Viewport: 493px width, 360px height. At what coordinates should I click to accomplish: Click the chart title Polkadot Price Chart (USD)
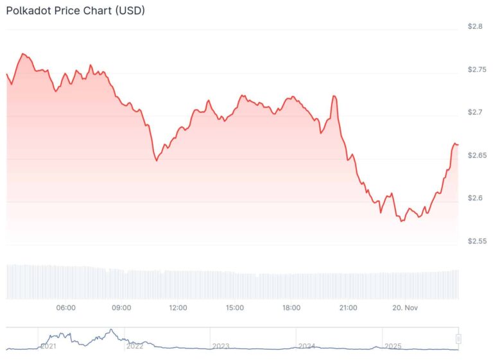coord(75,11)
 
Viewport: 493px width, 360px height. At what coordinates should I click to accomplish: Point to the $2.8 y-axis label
coord(476,27)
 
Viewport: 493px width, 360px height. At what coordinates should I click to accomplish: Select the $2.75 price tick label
coord(477,69)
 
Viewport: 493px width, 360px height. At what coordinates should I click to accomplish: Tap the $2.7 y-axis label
coord(476,112)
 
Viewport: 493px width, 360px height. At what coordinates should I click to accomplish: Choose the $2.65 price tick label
coord(477,155)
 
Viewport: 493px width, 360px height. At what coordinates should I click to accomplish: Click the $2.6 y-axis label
coord(476,198)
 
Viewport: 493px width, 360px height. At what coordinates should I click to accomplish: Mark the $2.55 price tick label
coord(477,241)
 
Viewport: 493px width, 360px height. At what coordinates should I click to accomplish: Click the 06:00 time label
coord(66,308)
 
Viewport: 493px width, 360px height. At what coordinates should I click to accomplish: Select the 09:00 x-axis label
coord(121,308)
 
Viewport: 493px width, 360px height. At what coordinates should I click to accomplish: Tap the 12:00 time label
coord(178,308)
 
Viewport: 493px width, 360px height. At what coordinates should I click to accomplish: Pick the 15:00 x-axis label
coord(235,308)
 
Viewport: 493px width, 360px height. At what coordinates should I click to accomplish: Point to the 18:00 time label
coord(291,308)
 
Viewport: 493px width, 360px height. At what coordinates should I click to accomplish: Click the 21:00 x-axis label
coord(348,308)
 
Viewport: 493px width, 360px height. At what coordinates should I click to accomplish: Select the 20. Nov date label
coord(406,308)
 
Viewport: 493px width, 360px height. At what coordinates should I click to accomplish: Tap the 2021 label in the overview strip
coord(49,346)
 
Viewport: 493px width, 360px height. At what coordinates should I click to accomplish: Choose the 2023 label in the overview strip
coord(221,346)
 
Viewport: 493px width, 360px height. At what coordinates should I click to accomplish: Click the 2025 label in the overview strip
coord(393,346)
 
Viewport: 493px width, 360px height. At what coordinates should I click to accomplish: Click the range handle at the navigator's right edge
coord(458,339)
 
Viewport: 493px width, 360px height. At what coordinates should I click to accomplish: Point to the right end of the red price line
coord(458,144)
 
